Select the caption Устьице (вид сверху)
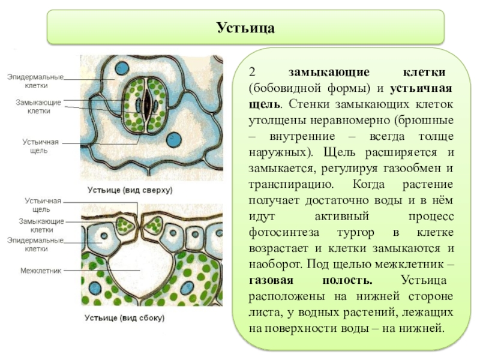[x=130, y=190]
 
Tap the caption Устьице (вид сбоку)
[x=125, y=317]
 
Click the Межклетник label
[x=41, y=271]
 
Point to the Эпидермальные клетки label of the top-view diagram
[x=35, y=81]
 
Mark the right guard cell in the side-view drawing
[x=154, y=224]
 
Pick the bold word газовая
[x=272, y=280]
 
